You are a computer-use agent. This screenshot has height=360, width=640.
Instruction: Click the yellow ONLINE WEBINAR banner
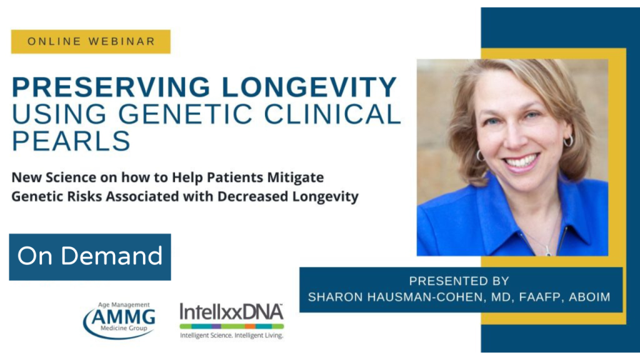point(91,42)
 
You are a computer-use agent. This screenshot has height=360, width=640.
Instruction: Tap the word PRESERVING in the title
point(111,87)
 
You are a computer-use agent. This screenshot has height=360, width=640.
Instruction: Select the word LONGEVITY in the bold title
point(309,87)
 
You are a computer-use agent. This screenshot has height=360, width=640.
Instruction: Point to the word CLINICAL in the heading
point(332,114)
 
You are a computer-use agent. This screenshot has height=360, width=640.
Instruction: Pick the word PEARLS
point(71,141)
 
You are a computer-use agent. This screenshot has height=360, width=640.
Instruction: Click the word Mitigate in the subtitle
point(296,178)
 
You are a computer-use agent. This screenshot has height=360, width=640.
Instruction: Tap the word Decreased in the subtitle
point(252,196)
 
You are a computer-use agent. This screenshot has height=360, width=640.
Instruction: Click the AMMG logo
point(119,321)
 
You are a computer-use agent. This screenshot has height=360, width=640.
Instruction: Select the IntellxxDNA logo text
point(231,312)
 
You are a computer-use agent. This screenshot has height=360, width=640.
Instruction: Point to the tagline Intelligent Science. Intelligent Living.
point(231,336)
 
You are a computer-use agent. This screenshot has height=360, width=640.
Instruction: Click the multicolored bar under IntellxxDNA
point(231,326)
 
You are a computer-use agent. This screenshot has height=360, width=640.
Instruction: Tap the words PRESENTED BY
point(459,281)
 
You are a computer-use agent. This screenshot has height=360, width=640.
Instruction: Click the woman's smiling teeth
point(521,161)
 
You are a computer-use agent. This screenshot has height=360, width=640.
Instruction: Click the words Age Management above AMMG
point(124,305)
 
